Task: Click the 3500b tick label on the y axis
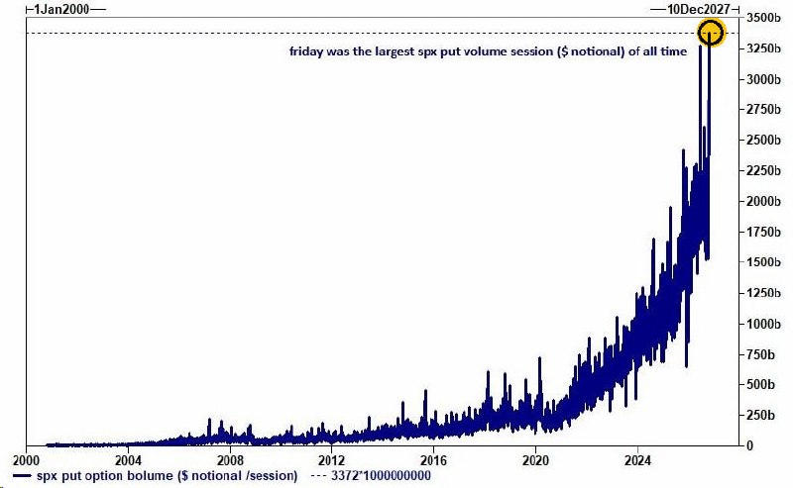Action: tap(763, 18)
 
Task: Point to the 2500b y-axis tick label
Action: tap(763, 140)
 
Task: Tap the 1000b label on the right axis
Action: tap(763, 324)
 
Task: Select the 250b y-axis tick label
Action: tap(760, 416)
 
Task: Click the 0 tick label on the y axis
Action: tap(750, 445)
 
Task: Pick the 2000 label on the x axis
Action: tap(27, 460)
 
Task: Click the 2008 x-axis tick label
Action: tap(230, 460)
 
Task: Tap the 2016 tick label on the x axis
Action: tap(433, 460)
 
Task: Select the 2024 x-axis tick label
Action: tap(637, 460)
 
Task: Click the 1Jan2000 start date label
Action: tap(61, 9)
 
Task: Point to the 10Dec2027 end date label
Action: tap(699, 9)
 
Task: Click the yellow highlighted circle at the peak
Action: tap(711, 20)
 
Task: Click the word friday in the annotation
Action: tap(306, 51)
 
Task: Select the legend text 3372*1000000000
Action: tap(381, 476)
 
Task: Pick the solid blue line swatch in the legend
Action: tap(22, 476)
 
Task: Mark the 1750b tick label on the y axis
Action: tap(763, 232)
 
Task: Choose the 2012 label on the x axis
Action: tap(332, 460)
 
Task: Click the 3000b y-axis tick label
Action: tap(763, 79)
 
